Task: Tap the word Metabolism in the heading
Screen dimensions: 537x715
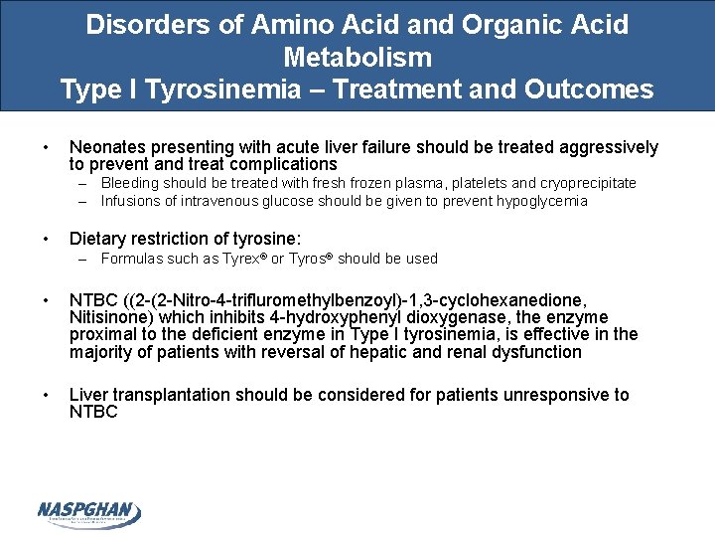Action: click(x=357, y=57)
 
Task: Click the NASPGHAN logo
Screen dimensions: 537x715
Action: click(x=89, y=513)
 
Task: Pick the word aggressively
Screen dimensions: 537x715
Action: click(x=606, y=147)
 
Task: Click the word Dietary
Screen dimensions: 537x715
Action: click(x=97, y=239)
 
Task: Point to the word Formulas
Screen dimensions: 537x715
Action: click(x=135, y=259)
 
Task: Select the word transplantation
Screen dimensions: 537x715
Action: click(x=168, y=395)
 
